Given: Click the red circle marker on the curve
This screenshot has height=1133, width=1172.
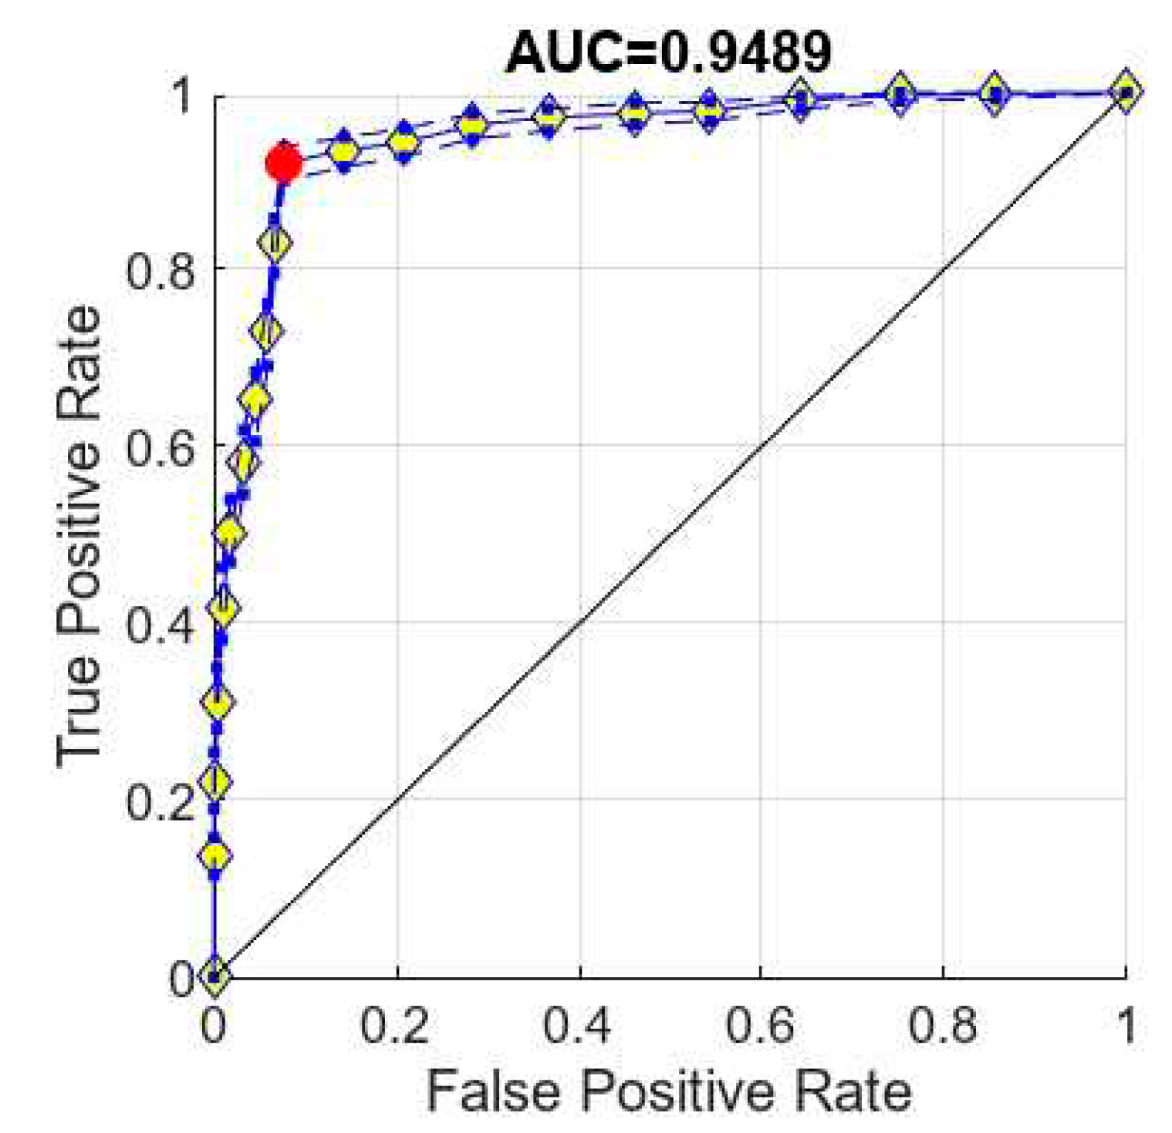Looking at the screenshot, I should pos(283,163).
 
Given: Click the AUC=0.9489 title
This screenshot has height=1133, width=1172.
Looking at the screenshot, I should pos(668,53).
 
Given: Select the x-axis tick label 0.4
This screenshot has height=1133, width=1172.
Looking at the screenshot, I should pos(577,1026).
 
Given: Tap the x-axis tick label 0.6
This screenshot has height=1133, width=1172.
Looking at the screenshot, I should pos(759,1026).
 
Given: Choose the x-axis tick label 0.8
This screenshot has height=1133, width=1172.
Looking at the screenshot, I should pos(942,1026).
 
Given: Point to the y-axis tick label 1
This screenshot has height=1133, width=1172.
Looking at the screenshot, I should pos(182,96).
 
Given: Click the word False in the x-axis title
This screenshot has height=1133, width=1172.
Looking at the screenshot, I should pos(493,1091).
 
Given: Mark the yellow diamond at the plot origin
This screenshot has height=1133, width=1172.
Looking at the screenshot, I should pos(214,975).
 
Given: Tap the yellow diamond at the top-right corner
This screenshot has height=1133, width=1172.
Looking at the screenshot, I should pos(1126,92).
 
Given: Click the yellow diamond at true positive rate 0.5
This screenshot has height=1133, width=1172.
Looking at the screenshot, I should pos(228,532).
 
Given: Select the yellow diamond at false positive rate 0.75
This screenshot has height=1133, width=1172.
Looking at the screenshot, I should pos(899,94).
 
